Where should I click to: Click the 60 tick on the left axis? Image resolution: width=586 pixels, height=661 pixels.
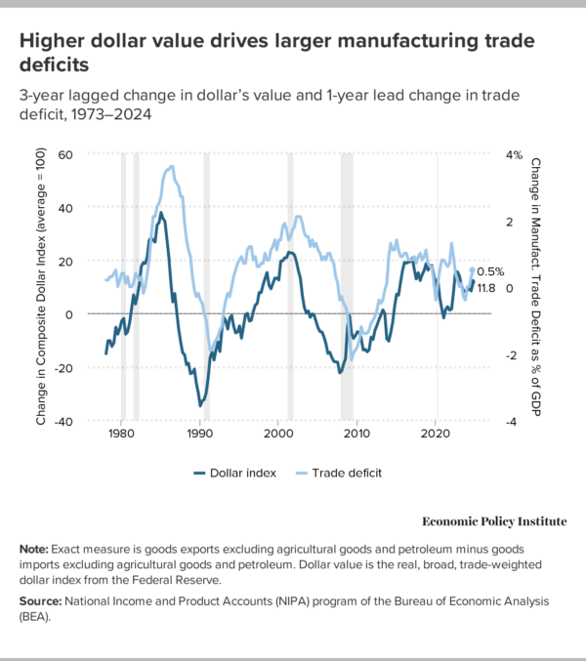(65, 154)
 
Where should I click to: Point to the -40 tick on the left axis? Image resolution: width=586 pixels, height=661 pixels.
(63, 422)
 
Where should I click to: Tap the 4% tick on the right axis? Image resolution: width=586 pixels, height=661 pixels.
(515, 154)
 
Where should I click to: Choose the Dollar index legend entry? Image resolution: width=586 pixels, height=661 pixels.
(242, 473)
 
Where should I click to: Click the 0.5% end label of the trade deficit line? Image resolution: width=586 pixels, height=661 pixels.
(490, 271)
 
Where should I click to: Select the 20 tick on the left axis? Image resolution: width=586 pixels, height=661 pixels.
(65, 261)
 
